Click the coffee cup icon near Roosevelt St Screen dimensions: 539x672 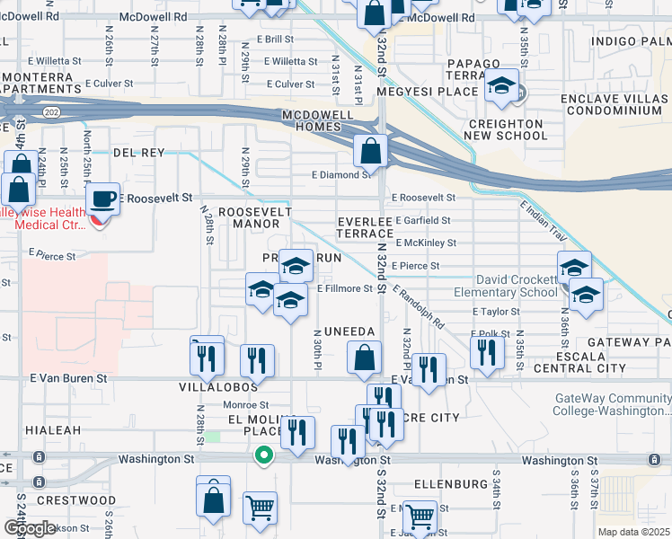102,198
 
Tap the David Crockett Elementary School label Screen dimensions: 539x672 517,287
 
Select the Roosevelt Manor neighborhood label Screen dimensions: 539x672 256,216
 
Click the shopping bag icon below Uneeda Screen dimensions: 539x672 363,358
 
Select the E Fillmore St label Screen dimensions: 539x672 344,289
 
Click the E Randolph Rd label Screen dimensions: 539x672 419,306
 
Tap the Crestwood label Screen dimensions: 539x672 76,499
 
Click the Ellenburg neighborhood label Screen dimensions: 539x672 451,483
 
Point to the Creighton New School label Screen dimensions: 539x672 506,129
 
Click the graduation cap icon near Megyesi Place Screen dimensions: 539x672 501,86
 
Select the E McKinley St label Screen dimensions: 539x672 425,243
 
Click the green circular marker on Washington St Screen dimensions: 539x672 263,455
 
